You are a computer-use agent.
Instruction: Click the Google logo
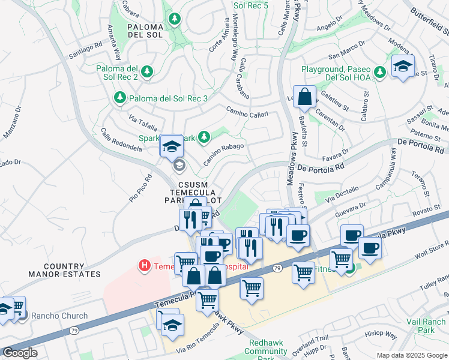pos(20,353)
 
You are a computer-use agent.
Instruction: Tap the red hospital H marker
pos(144,265)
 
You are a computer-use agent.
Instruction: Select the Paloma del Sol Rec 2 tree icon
pos(147,73)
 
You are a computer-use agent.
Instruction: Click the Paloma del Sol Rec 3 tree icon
pos(120,98)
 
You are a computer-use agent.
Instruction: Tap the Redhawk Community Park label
pos(270,352)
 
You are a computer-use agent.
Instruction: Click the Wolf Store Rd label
pos(432,251)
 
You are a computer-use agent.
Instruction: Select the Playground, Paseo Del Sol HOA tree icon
pos(379,73)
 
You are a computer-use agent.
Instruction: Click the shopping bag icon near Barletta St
pos(304,97)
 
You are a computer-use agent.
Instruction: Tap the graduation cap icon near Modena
pos(402,65)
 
